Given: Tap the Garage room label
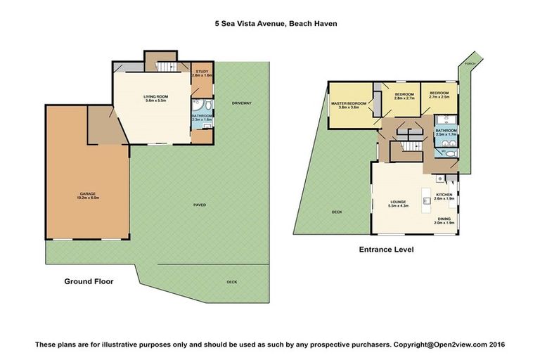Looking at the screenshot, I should point(87,195).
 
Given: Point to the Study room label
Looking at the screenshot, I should point(202,72).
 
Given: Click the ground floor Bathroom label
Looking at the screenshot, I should point(202,117).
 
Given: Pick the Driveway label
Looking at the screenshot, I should point(241,103).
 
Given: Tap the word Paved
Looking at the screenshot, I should point(200,205).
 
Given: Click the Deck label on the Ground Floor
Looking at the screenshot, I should point(232,282).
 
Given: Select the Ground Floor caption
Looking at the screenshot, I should point(89,281).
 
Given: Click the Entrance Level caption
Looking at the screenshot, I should point(386,249).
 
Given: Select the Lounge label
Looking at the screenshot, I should point(399,203).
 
